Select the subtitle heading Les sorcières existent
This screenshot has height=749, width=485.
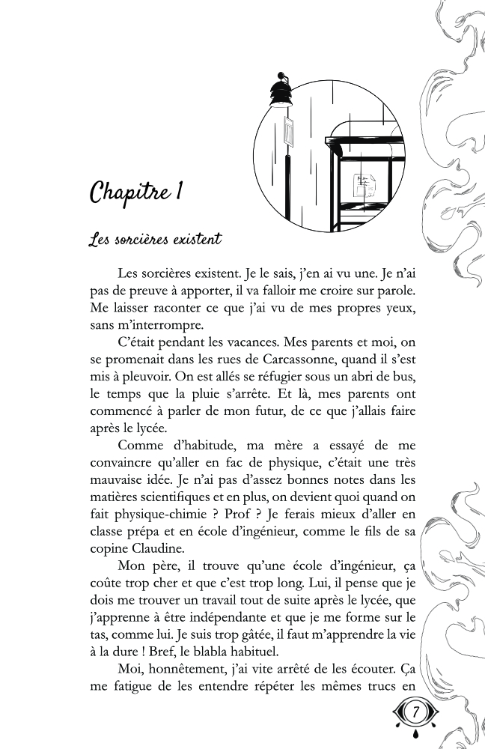point(155,241)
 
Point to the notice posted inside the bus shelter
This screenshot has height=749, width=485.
point(365,183)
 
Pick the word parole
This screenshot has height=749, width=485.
point(408,288)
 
